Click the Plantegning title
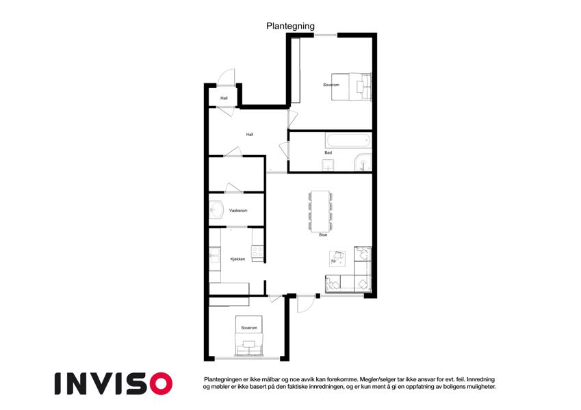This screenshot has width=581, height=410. click(290, 26)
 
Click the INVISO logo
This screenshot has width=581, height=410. click(114, 383)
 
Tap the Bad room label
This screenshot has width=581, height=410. click(328, 152)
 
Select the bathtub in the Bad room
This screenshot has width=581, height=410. click(348, 141)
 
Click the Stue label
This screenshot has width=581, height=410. click(323, 234)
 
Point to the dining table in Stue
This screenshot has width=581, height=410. click(320, 211)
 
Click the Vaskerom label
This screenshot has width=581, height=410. click(238, 210)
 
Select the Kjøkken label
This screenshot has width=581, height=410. click(238, 259)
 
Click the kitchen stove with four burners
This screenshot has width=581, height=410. click(257, 251)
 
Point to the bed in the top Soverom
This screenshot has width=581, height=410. click(351, 87)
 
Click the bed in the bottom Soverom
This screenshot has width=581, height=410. click(248, 336)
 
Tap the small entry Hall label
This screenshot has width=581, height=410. click(224, 98)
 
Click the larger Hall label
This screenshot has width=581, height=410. click(250, 135)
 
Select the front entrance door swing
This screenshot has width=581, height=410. click(226, 77)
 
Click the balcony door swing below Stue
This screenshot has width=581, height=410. click(306, 304)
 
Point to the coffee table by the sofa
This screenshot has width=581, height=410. click(337, 259)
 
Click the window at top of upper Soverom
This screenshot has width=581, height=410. click(326, 35)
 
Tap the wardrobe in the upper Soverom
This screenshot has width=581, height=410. click(296, 70)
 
